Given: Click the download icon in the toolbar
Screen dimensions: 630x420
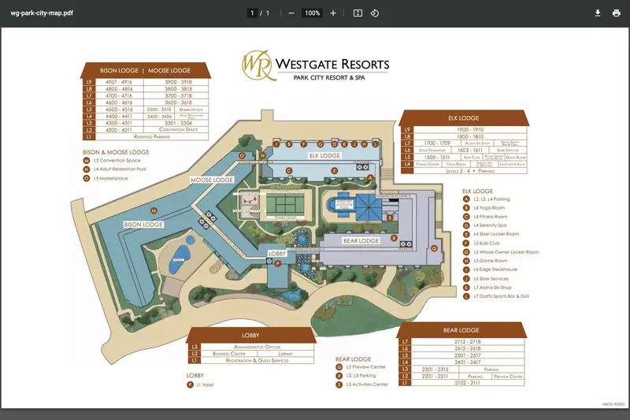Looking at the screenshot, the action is coord(598,13).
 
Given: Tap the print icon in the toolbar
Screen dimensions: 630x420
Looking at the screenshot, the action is coord(616,13).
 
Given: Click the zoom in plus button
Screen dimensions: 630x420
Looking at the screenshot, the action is coord(333,13).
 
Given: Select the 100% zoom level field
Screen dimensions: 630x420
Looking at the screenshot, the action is coord(312,13).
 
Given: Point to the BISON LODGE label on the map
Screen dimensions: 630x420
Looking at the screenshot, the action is coord(143,225).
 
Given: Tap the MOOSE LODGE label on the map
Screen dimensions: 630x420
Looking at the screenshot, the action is coord(212,180).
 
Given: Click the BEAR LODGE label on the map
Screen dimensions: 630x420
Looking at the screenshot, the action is coord(361,240).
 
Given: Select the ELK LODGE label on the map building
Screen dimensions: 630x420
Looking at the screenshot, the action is coord(324,156).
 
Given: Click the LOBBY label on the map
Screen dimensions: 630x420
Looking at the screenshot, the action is coord(277,253).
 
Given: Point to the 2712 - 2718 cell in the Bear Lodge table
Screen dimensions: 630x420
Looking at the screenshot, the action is coord(469,341).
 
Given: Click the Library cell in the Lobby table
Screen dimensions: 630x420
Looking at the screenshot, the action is coord(285,354).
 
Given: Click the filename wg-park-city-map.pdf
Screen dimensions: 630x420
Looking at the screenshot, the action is coord(42,13).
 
